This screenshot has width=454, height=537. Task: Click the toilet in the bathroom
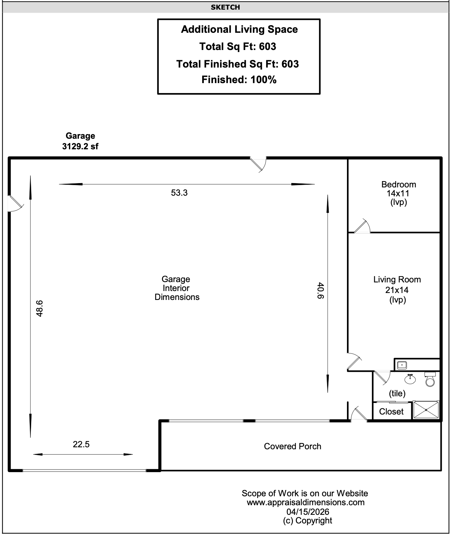pos(430,379)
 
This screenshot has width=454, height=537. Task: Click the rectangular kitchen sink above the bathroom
pos(402,365)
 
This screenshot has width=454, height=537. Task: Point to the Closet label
pos(391,412)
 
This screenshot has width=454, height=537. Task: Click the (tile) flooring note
pos(397,393)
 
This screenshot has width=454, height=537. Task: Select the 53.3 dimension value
pos(179,193)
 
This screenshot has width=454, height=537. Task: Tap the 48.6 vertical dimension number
pos(39,308)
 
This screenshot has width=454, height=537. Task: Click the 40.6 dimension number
pos(320,290)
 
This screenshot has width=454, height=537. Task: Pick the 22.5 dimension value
pos(81,444)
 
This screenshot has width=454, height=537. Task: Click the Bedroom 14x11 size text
pos(398,193)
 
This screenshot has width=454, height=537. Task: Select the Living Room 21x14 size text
pos(397,290)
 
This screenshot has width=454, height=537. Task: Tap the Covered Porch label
pos(293,446)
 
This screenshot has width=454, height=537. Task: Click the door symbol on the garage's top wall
pos(258,164)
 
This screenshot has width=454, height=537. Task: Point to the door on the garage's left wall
pos(15,203)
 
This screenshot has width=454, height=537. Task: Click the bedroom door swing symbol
pos(362,226)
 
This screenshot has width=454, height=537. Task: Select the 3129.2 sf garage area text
pos(80,146)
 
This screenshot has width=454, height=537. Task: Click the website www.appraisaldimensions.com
pos(306,503)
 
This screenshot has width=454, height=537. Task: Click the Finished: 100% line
pos(239,80)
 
